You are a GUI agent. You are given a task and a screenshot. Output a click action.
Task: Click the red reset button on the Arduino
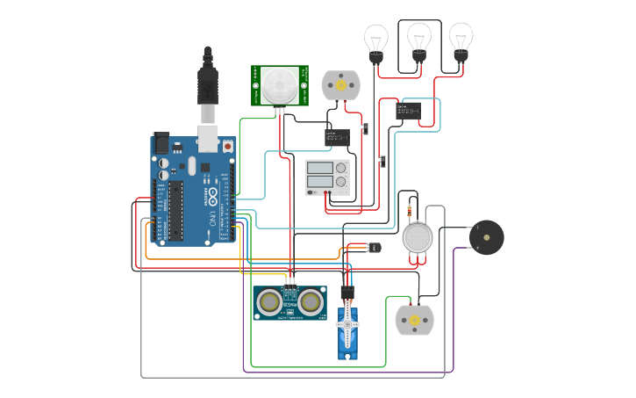(x=228, y=146)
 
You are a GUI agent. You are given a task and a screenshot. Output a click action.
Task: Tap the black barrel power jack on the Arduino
(x=161, y=143)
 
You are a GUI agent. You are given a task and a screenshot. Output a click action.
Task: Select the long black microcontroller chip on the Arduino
(x=176, y=211)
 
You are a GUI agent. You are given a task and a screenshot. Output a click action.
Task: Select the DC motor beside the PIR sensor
(x=340, y=85)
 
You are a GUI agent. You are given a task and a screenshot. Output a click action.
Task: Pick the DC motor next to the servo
(x=414, y=320)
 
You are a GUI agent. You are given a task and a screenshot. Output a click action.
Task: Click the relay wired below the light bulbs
(x=408, y=111)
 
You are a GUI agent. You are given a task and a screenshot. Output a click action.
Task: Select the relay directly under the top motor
(x=337, y=137)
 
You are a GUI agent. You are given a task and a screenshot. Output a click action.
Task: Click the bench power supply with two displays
(x=327, y=177)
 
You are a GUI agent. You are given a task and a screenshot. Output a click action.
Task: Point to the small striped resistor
(x=411, y=211)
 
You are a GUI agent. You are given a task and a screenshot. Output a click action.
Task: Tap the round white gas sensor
(x=418, y=238)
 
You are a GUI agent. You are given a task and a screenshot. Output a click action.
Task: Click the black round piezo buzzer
(x=486, y=237)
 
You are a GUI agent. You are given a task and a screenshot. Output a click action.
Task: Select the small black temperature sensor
(x=375, y=249)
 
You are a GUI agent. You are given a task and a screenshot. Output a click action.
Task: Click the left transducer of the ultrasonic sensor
(x=268, y=302)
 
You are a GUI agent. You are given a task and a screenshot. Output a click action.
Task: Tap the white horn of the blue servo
(x=347, y=325)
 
